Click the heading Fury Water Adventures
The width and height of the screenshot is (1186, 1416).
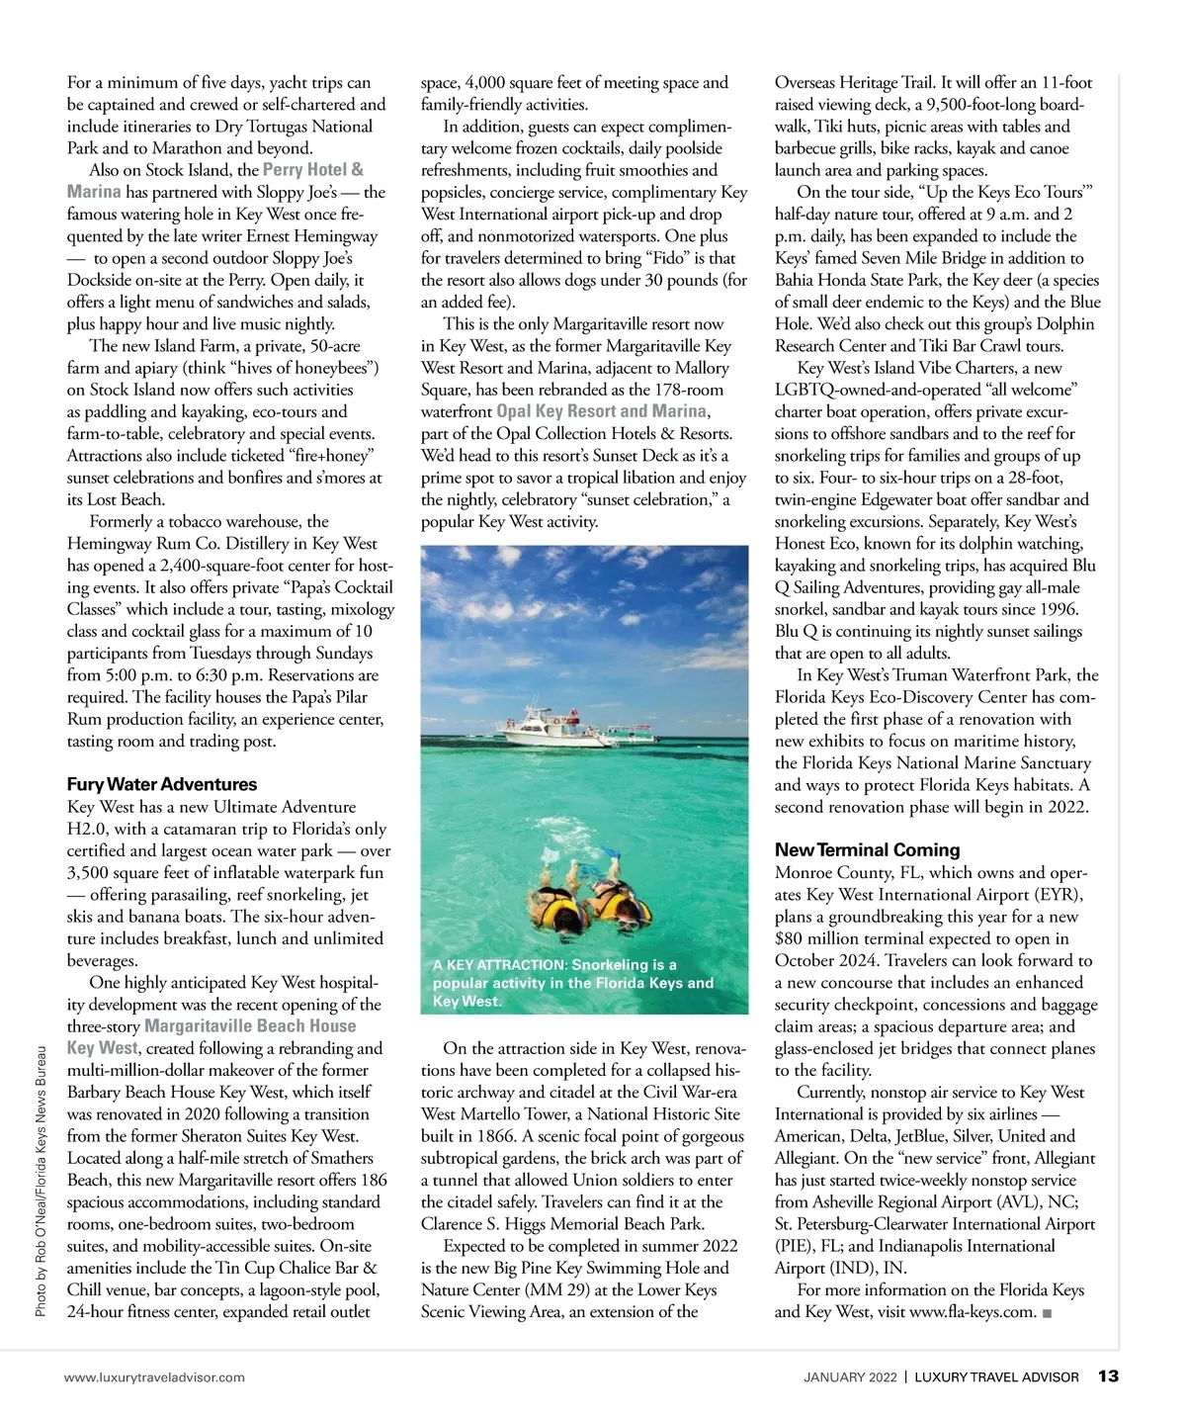[x=162, y=784]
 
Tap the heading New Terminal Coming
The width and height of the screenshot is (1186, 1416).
[x=867, y=849]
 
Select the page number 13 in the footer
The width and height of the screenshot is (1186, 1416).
[x=1108, y=1375]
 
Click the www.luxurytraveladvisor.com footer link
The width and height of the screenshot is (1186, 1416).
[x=154, y=1376]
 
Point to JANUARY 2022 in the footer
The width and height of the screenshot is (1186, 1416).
[x=850, y=1376]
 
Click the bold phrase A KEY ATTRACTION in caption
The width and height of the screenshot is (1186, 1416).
[x=499, y=965]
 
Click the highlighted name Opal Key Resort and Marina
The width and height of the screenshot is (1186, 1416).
[x=602, y=411]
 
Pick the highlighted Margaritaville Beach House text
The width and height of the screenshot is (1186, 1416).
[x=250, y=1026]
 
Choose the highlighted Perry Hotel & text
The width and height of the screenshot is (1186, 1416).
[x=312, y=170]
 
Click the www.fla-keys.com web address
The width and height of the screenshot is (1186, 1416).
[x=973, y=1312]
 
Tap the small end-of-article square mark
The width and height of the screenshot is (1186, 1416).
[x=1047, y=1313]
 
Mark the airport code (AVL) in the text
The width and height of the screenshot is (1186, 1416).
[x=1024, y=1202]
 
